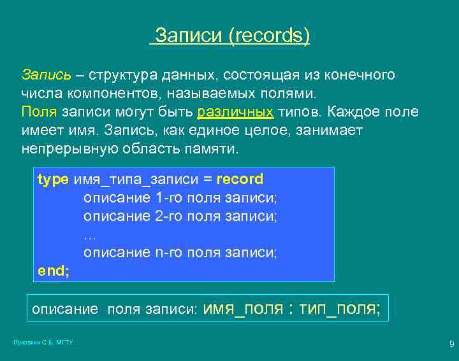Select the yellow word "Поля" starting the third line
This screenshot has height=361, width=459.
(39, 112)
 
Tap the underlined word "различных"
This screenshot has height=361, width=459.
(235, 112)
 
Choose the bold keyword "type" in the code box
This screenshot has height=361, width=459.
(53, 180)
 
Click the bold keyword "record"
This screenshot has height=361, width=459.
(240, 180)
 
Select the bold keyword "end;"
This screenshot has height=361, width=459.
(54, 271)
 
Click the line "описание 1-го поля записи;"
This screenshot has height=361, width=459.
(180, 197)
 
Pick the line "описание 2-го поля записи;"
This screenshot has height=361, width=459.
(180, 216)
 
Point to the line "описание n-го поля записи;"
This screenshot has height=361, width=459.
(180, 252)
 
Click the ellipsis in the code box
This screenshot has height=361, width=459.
(89, 234)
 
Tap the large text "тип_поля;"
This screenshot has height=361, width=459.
(341, 309)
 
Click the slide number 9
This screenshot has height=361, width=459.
(451, 344)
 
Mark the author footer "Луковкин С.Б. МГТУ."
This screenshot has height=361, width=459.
(44, 343)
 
